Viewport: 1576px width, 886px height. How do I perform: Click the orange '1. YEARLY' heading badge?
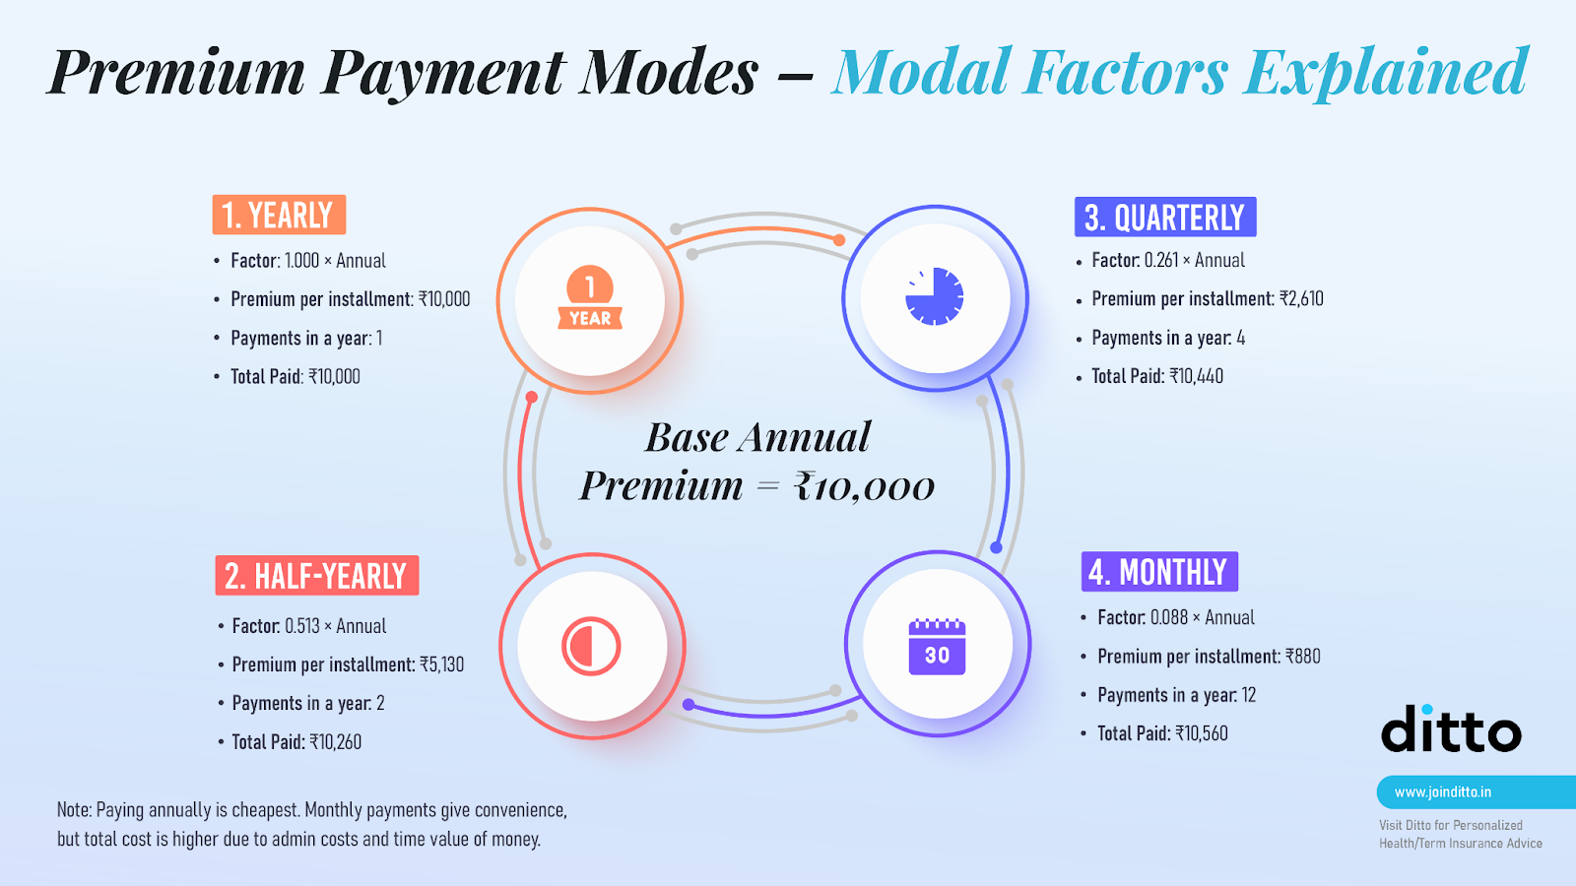280,215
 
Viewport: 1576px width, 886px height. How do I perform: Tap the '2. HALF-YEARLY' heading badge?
316,575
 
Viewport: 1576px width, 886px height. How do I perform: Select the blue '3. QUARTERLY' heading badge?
1165,217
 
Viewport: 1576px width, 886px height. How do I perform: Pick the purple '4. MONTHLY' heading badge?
1159,572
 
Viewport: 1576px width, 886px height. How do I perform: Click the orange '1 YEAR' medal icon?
590,297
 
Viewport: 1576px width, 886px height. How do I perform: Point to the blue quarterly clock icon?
935,296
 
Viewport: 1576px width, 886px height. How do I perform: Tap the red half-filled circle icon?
591,646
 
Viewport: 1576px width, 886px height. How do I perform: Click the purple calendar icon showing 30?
937,647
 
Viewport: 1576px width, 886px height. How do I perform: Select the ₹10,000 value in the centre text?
864,486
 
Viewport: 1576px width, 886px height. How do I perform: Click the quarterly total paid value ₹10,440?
1196,376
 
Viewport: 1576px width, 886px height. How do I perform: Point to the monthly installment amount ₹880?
1303,656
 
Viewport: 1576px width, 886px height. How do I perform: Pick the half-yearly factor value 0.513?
302,626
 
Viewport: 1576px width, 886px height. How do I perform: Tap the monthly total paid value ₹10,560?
1202,733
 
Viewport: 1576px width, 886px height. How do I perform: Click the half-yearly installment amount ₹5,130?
442,664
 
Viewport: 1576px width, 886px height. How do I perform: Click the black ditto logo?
1451,728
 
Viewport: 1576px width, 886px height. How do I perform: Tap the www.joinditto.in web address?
1443,792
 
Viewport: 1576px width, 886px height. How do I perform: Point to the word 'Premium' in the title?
177,72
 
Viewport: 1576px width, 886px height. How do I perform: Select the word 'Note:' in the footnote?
74,810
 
